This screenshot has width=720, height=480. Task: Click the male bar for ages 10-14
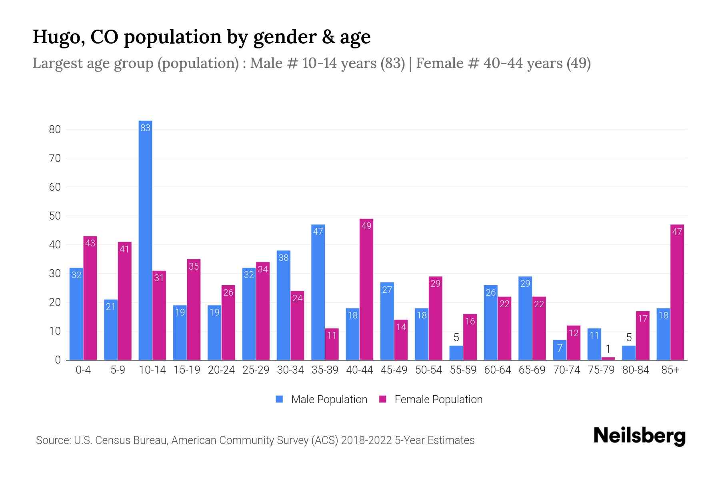(x=145, y=240)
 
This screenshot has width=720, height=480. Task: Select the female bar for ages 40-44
(x=366, y=290)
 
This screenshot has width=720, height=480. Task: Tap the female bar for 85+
(x=677, y=292)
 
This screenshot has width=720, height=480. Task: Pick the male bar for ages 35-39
(x=318, y=292)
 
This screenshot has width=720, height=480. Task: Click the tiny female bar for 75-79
(x=608, y=358)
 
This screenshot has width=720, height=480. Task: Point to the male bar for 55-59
(x=456, y=353)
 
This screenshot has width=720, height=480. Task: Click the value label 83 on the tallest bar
(x=145, y=128)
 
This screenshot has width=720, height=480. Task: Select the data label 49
(x=366, y=226)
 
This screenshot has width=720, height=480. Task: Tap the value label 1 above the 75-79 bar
(x=608, y=349)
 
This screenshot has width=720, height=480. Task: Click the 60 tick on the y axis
(x=55, y=187)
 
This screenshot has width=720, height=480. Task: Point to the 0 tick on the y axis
(x=58, y=360)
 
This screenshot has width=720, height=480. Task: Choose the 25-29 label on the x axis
(x=256, y=370)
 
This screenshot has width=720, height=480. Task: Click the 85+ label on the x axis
(x=670, y=370)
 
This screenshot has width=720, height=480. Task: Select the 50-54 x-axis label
(x=428, y=370)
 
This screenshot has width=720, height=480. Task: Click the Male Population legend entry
(x=329, y=400)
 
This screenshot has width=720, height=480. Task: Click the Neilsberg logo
(x=639, y=436)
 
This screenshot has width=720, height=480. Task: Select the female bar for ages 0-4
(x=90, y=298)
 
